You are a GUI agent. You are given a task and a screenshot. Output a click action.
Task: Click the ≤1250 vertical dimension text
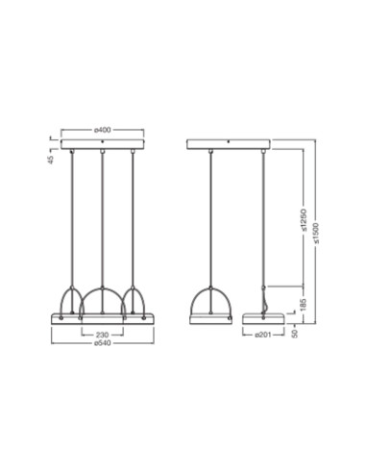point(304,220)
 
